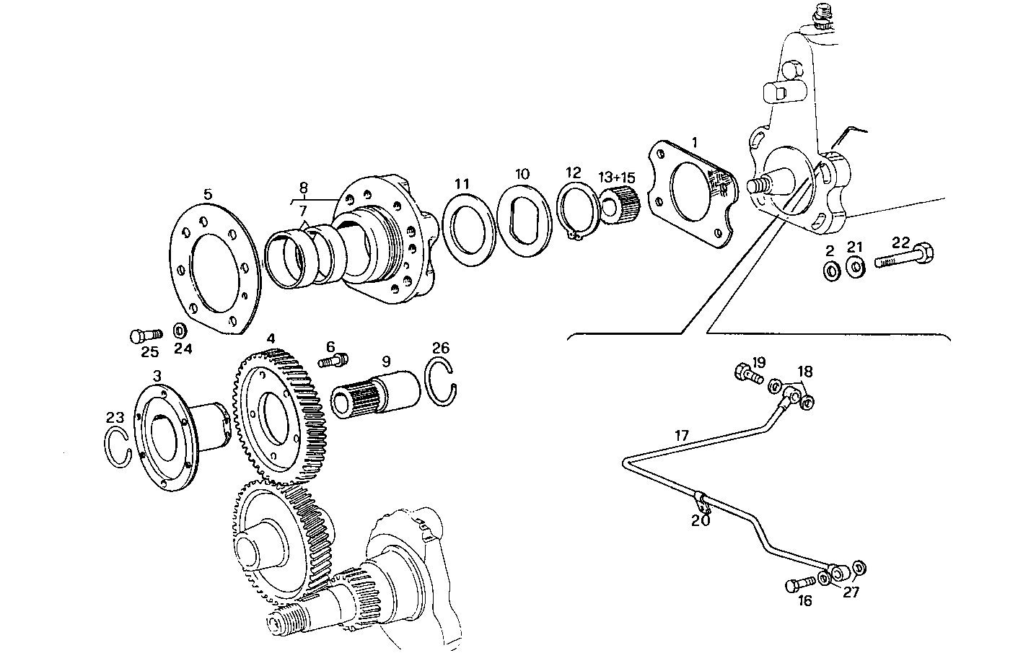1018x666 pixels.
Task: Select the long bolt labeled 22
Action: pos(905,258)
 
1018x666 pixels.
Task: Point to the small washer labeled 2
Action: pos(830,271)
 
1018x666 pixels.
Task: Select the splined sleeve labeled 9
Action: pos(376,395)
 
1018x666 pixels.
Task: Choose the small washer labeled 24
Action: pos(181,331)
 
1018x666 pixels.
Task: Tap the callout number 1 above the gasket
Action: pos(694,142)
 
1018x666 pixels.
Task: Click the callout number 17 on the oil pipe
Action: pos(681,435)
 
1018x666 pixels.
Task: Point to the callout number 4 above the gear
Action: pos(270,338)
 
